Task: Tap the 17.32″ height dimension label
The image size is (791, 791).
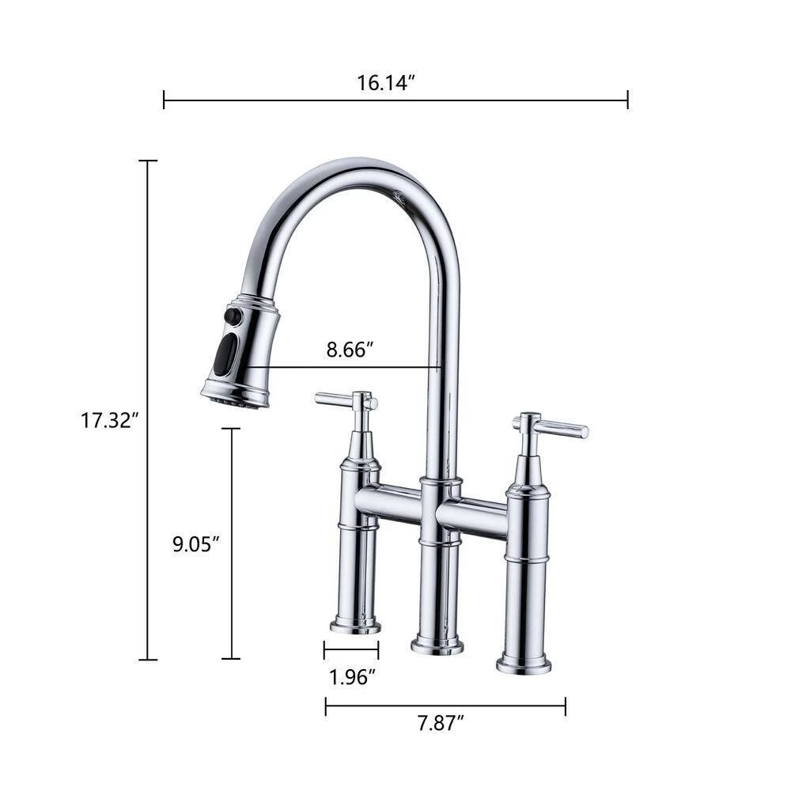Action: click(x=109, y=420)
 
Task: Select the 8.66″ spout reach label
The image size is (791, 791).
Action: click(x=350, y=350)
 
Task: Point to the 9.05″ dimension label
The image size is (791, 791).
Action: click(x=195, y=544)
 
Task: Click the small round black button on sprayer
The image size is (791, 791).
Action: click(x=232, y=316)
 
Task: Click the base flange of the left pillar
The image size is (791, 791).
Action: click(x=355, y=626)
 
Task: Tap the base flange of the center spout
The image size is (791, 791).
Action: click(x=437, y=646)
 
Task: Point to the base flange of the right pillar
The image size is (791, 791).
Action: click(x=524, y=664)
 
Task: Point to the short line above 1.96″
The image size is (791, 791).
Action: click(x=351, y=650)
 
